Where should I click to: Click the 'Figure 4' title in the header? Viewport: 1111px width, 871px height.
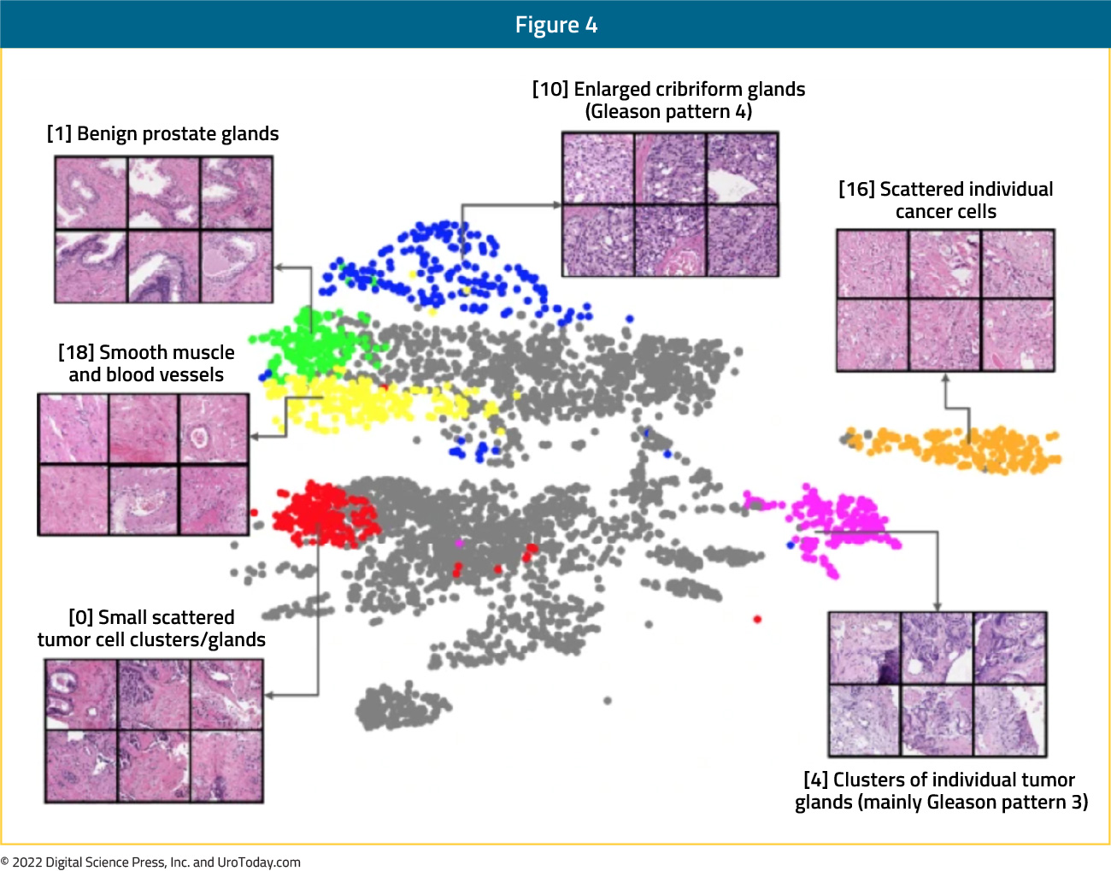555,25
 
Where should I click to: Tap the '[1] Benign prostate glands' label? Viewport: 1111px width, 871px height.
162,134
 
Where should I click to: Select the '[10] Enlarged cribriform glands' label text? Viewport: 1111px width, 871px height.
669,90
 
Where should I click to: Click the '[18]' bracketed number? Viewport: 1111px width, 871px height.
76,353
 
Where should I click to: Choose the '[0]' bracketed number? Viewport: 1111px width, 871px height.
81,617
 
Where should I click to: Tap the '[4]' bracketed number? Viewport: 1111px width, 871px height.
815,780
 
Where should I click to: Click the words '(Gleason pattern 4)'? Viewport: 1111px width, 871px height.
669,112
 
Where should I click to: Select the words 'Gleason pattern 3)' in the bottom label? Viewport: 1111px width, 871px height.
1008,803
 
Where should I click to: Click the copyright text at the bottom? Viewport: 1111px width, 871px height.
150,862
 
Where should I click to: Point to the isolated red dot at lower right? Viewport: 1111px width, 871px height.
757,620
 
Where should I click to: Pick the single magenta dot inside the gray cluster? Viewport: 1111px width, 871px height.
459,544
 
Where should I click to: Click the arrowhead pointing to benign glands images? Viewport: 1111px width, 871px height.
279,268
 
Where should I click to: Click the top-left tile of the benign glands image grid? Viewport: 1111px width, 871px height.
91,192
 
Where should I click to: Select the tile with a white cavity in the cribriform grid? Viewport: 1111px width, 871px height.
743,168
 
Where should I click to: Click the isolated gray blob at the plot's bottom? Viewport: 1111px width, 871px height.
402,705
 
